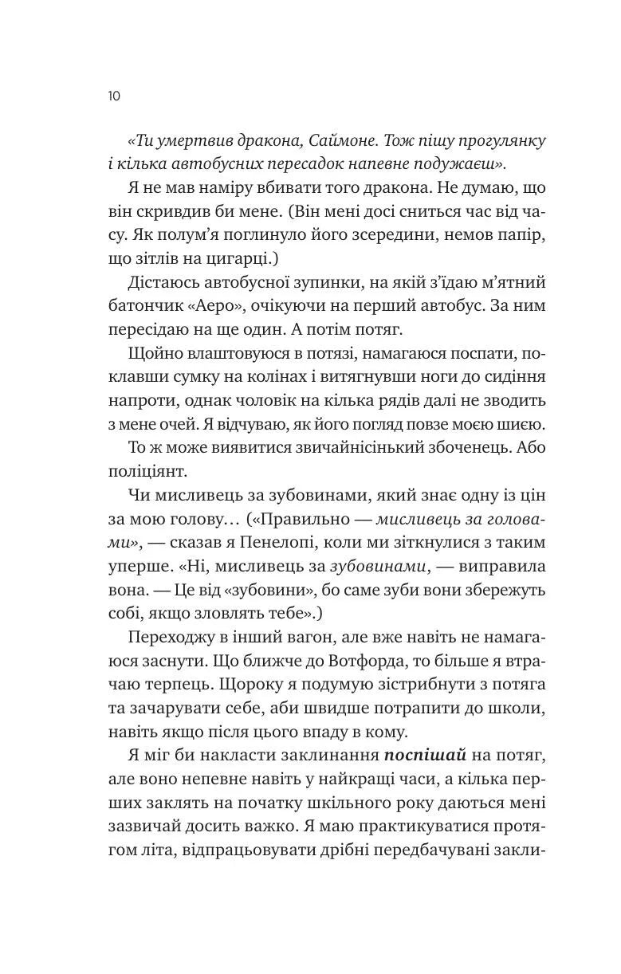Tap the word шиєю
(522, 423)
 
